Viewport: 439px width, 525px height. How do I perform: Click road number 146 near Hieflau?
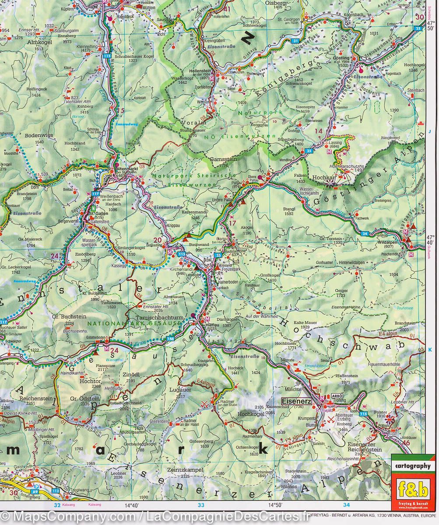click(170, 339)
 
